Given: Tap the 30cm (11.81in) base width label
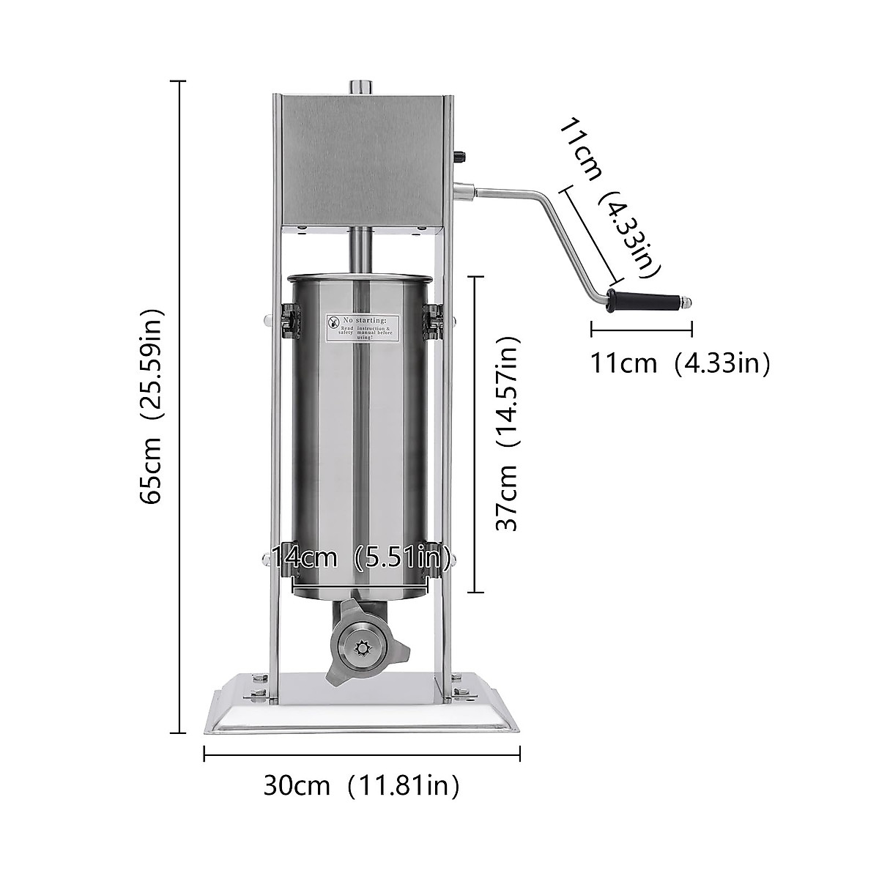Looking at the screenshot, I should point(362,785).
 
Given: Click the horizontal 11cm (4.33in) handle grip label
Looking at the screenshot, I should point(680,363).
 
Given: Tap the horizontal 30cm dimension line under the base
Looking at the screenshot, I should point(362,754).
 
